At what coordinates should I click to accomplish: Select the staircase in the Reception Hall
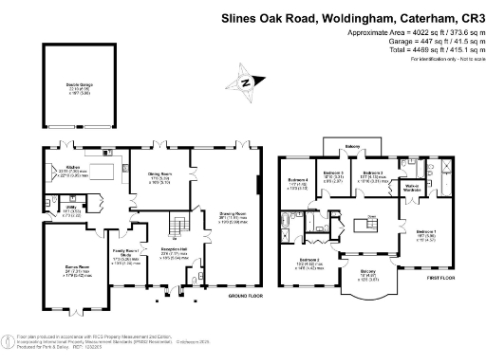pos(177,227)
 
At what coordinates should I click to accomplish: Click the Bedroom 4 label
pos(298,181)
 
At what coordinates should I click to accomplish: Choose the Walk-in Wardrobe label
pos(413,187)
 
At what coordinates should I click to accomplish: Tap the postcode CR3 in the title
pos(468,17)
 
